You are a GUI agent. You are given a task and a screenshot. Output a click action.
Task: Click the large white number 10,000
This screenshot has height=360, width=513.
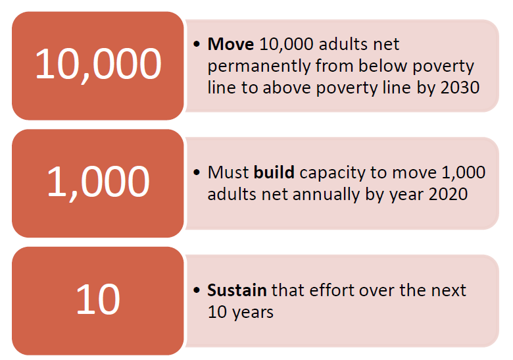(98, 64)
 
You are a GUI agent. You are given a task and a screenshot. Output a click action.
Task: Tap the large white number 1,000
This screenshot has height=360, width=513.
(98, 182)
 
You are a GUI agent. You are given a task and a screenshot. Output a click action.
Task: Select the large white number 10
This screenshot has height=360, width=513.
(98, 299)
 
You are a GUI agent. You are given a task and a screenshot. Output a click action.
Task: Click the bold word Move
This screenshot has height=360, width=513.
(231, 44)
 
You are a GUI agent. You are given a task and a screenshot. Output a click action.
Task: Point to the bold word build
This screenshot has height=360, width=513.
(274, 172)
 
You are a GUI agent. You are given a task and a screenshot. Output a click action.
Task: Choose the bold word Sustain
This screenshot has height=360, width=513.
(237, 290)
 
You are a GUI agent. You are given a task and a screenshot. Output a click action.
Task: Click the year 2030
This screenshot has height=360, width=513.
(460, 88)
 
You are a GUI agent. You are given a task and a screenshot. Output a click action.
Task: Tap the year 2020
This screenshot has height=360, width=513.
(449, 194)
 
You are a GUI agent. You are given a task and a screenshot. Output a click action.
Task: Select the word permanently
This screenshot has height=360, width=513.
(258, 66)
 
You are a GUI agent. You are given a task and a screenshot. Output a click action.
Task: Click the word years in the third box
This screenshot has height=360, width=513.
(253, 313)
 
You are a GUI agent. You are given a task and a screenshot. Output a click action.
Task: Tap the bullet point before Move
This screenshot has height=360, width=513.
(197, 44)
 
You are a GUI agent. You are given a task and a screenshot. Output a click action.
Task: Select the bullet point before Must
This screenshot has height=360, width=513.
(197, 172)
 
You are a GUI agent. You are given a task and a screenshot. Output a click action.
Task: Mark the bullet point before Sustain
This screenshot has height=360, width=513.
(197, 290)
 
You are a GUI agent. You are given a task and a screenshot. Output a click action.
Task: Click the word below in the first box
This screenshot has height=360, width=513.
(383, 66)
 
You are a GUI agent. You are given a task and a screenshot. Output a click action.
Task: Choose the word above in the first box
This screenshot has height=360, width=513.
(287, 88)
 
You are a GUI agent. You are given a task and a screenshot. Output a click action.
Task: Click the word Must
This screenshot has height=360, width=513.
(228, 172)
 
